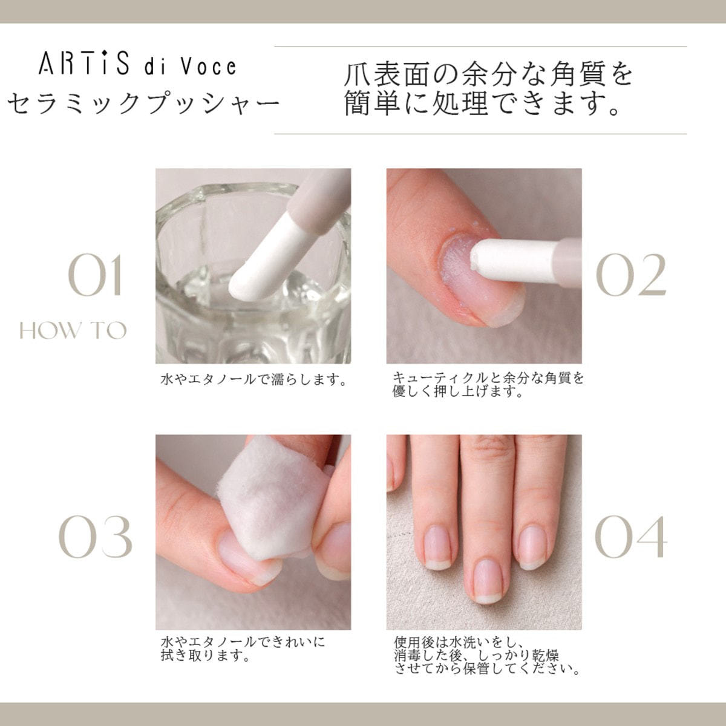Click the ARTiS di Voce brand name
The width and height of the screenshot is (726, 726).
pos(137,65)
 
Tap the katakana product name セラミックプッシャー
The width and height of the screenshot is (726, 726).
pos(143,102)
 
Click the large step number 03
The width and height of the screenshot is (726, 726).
pos(96,536)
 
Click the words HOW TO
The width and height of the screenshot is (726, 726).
pos(73,331)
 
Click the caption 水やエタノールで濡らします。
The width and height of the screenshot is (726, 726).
pos(253,380)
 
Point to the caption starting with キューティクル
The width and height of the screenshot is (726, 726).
pos(488,385)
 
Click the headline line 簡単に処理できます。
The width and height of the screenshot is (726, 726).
pos(482,102)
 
